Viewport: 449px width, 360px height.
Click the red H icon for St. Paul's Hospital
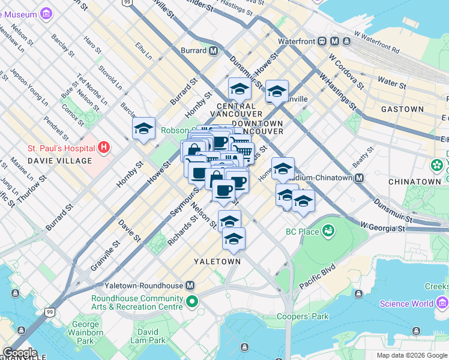tap(104, 147)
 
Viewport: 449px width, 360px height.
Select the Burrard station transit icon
tap(213, 50)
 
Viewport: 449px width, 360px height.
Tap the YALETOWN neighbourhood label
tap(217, 262)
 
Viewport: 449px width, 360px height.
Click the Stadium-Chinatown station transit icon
tap(359, 178)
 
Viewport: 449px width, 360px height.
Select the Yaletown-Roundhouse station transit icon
tap(190, 286)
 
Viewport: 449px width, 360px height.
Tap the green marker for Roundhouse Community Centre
tap(191, 301)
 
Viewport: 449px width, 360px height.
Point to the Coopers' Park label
tap(303, 316)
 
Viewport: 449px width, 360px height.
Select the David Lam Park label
tap(148, 336)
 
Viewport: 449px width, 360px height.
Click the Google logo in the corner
tap(20, 353)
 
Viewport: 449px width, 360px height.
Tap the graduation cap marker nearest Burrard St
tap(143, 128)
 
